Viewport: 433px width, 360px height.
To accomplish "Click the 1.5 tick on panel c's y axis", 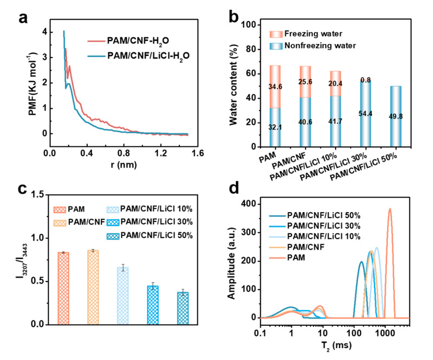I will (38, 194).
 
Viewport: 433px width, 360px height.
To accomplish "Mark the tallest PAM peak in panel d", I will (389, 209).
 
